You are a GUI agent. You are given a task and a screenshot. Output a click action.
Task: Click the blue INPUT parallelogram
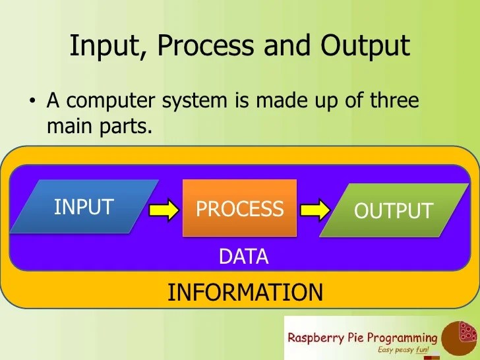(x=84, y=207)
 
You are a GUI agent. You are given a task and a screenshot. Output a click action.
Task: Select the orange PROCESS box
(x=239, y=208)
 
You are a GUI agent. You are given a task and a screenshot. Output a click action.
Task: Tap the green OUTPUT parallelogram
(x=393, y=210)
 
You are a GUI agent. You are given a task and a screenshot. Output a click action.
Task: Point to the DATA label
(x=243, y=256)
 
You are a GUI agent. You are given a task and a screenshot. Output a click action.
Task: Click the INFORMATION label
(x=245, y=292)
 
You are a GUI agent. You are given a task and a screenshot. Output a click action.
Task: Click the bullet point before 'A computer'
(x=31, y=102)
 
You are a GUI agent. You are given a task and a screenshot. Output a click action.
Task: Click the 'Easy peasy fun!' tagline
(x=407, y=349)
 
